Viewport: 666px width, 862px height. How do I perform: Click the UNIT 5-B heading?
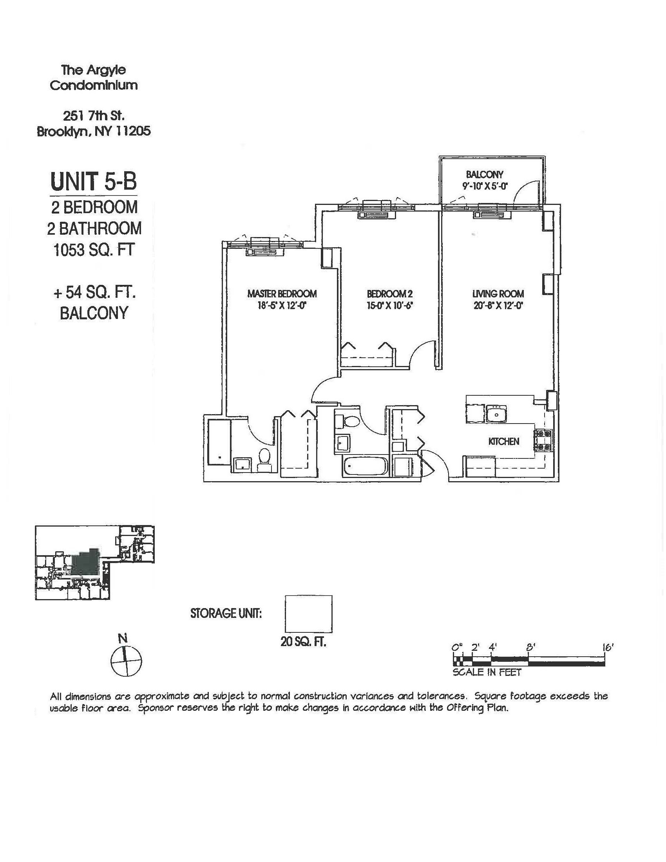click(94, 181)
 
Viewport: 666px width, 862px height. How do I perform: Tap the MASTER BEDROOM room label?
click(282, 293)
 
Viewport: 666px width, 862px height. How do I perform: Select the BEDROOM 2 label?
click(389, 293)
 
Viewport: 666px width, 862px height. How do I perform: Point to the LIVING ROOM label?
click(498, 293)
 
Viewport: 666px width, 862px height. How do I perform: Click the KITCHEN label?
click(503, 441)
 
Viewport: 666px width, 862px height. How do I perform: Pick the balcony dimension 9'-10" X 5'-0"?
click(485, 185)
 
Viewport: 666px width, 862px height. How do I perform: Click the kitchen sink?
click(496, 413)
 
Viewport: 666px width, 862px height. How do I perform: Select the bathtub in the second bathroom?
click(365, 466)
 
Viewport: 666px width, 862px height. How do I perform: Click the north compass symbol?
click(126, 661)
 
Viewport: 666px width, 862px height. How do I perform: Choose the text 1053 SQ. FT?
click(94, 250)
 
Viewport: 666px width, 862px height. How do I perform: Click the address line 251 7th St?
click(94, 116)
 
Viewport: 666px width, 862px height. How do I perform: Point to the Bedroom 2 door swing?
click(422, 353)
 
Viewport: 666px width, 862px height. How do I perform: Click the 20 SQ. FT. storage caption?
click(303, 642)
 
